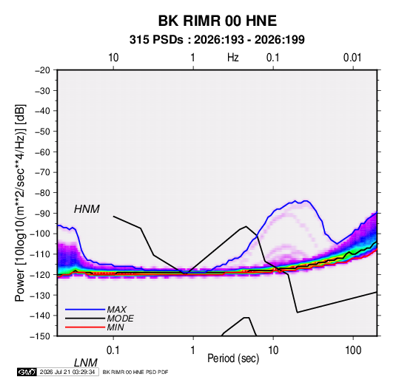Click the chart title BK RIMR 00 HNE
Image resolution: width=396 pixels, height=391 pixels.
tap(218, 21)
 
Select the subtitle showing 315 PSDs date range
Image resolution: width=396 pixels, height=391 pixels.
tap(217, 40)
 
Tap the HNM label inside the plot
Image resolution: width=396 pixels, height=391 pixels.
tap(87, 209)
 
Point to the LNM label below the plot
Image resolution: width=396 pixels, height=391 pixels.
tap(86, 363)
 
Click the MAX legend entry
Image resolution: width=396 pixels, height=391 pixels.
tap(116, 310)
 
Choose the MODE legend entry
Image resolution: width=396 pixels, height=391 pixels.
tap(120, 319)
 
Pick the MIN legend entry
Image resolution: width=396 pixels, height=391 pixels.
tap(115, 327)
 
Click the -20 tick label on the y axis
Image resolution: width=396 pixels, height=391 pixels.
tap(42, 70)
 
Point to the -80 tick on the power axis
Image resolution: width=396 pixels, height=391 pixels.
tap(42, 193)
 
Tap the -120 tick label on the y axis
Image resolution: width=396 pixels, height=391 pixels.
tap(40, 274)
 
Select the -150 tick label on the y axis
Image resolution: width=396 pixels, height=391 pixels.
tap(40, 336)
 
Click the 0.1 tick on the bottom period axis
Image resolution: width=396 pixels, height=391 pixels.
tap(113, 350)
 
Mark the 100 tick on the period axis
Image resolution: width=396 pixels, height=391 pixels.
tap(353, 350)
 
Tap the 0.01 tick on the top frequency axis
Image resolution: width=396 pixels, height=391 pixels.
tap(352, 58)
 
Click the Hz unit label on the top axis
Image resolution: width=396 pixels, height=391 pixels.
tap(232, 58)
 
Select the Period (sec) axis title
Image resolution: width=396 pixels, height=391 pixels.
tap(233, 358)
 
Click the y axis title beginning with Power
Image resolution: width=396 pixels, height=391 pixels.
tap(20, 203)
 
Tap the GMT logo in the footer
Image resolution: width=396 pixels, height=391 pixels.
tap(27, 372)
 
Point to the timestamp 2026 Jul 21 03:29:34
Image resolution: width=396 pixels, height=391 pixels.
tap(67, 372)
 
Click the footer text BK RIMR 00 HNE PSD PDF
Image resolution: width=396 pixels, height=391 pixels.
tap(135, 372)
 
